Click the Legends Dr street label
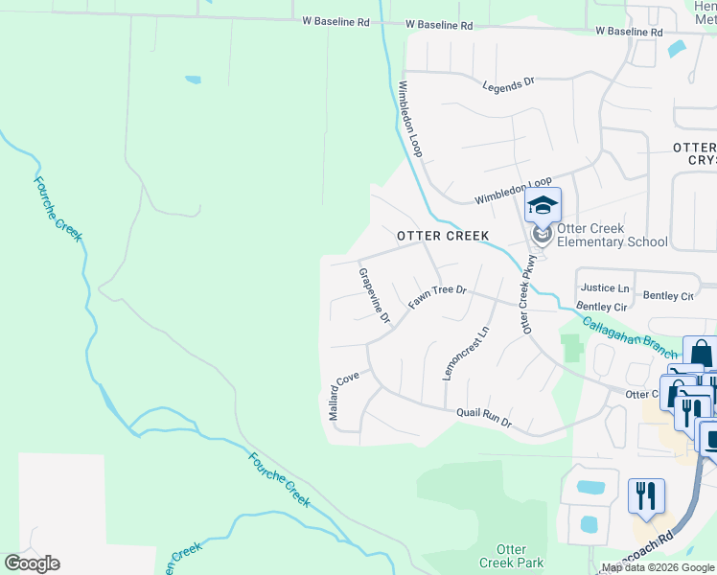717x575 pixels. [508, 84]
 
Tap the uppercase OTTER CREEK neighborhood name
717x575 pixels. [443, 236]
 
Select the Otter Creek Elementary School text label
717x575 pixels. [612, 235]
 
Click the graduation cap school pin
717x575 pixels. [543, 207]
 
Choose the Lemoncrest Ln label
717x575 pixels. [467, 352]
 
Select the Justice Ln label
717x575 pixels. [605, 287]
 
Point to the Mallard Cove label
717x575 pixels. [340, 394]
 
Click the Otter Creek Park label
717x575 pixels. [512, 556]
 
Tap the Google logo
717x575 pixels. [32, 563]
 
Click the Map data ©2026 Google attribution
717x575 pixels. [658, 568]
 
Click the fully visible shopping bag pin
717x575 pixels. [700, 354]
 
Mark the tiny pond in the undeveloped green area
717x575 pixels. [194, 80]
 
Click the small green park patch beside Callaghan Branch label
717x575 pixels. [573, 346]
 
